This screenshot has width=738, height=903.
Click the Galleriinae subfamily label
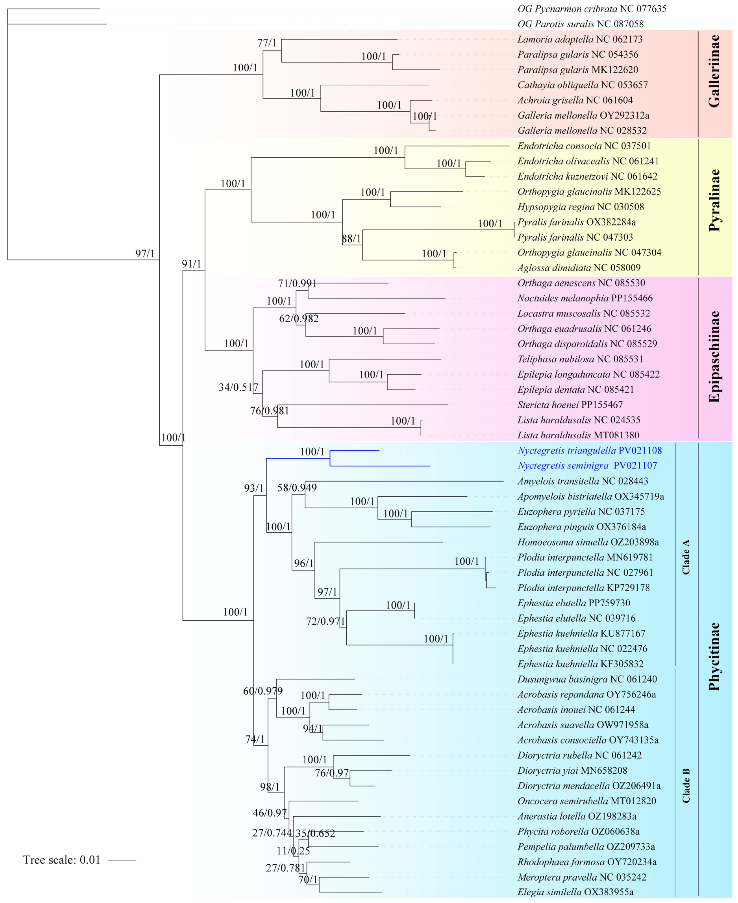click(714, 71)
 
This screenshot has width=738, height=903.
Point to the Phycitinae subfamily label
click(714, 657)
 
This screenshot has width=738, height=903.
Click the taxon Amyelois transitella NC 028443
click(582, 481)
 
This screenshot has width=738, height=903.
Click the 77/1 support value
click(267, 43)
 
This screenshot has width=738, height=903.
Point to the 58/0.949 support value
click(297, 488)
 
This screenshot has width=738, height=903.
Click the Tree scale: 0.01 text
click(62, 860)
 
